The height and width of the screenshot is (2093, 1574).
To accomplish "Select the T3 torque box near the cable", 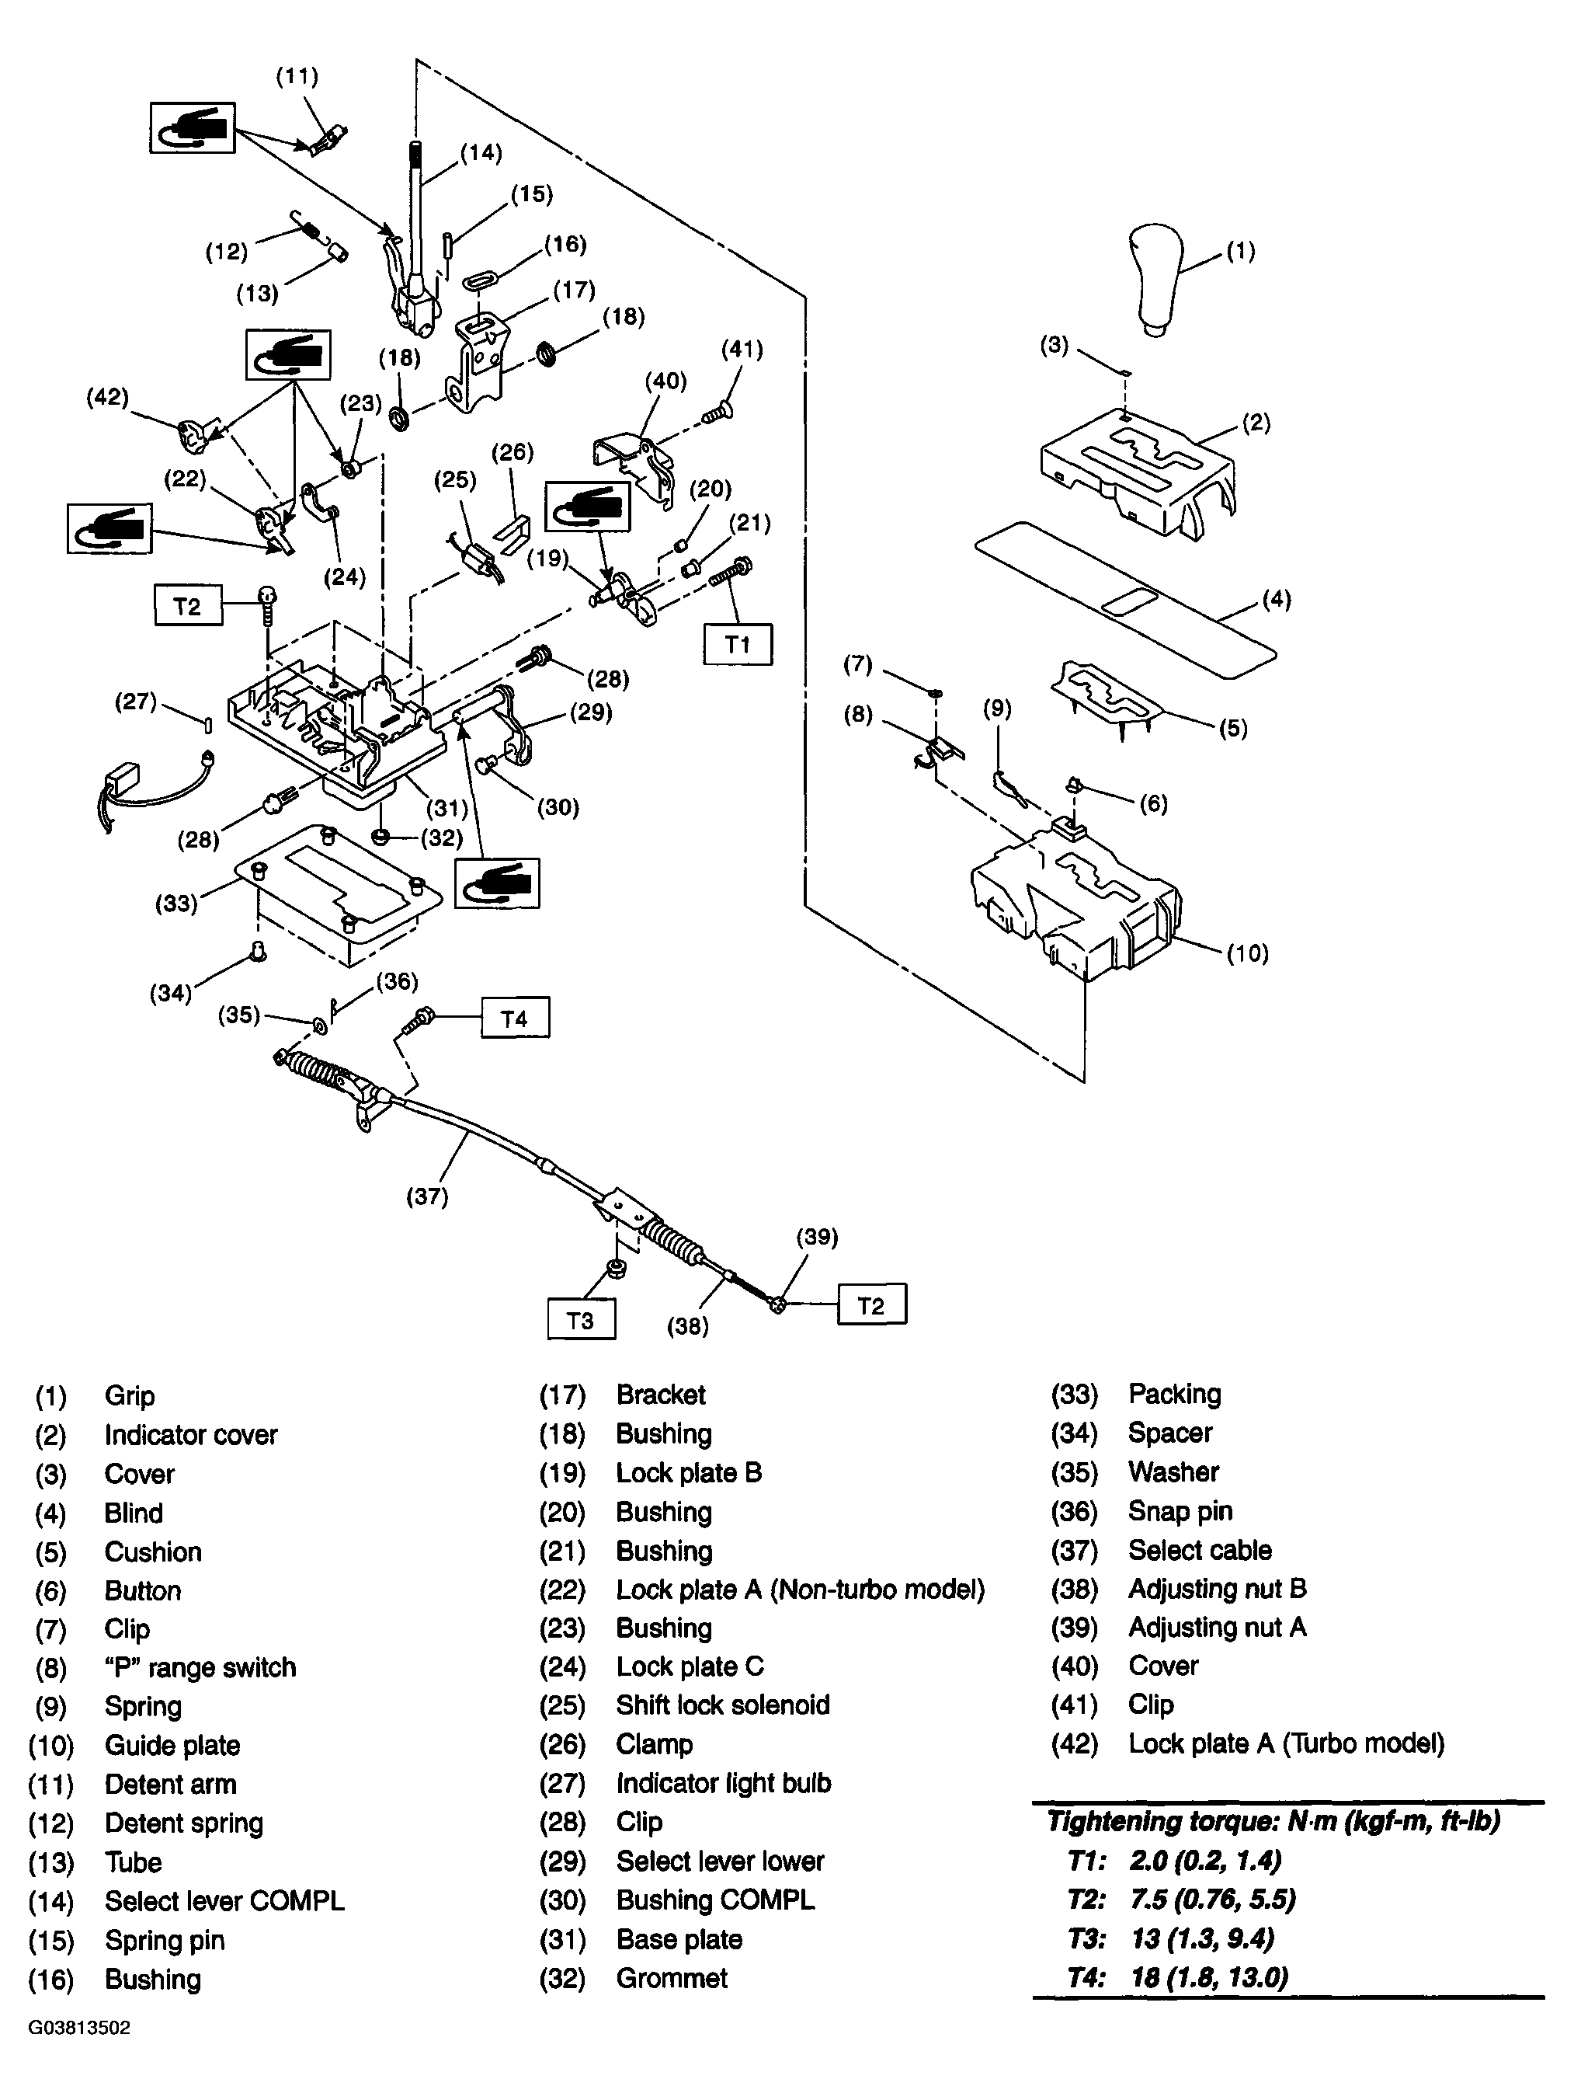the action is [x=581, y=1320].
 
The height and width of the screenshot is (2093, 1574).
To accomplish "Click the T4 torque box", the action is [x=515, y=1018].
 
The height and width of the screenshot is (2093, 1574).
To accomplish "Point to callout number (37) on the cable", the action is [x=426, y=1196].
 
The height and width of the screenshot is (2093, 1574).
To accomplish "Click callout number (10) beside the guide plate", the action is [x=1248, y=952].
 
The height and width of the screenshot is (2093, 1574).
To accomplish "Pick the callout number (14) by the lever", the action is [x=481, y=152].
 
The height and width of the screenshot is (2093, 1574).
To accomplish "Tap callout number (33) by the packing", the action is [x=176, y=904].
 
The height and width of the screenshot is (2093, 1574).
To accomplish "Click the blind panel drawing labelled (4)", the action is [x=1126, y=600].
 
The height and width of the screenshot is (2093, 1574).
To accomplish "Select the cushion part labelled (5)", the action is [x=1107, y=699].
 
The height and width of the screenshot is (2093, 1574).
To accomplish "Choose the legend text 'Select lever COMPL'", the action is [x=224, y=1900].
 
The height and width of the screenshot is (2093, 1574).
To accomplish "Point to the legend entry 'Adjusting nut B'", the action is [x=1218, y=1588].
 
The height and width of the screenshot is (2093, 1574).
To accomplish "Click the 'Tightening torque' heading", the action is [x=1273, y=1821].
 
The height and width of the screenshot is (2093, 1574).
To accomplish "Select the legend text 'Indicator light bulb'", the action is [x=724, y=1783].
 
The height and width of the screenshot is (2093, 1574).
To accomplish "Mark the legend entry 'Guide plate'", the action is [x=172, y=1745].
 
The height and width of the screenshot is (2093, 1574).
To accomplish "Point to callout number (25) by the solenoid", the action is [x=454, y=479].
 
